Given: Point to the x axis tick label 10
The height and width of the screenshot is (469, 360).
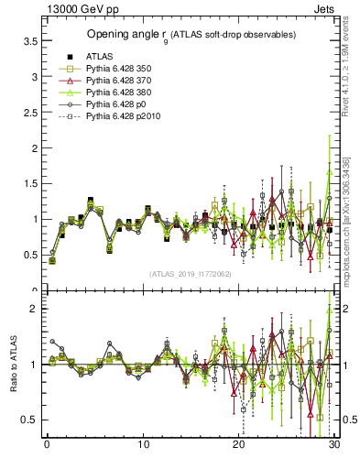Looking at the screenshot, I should (x=143, y=446).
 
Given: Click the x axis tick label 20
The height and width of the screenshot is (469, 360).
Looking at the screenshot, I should (x=239, y=446).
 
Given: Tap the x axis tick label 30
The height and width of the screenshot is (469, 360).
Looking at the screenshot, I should (x=335, y=446).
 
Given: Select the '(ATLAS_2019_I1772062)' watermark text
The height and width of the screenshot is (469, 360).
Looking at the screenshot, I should (x=191, y=273).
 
